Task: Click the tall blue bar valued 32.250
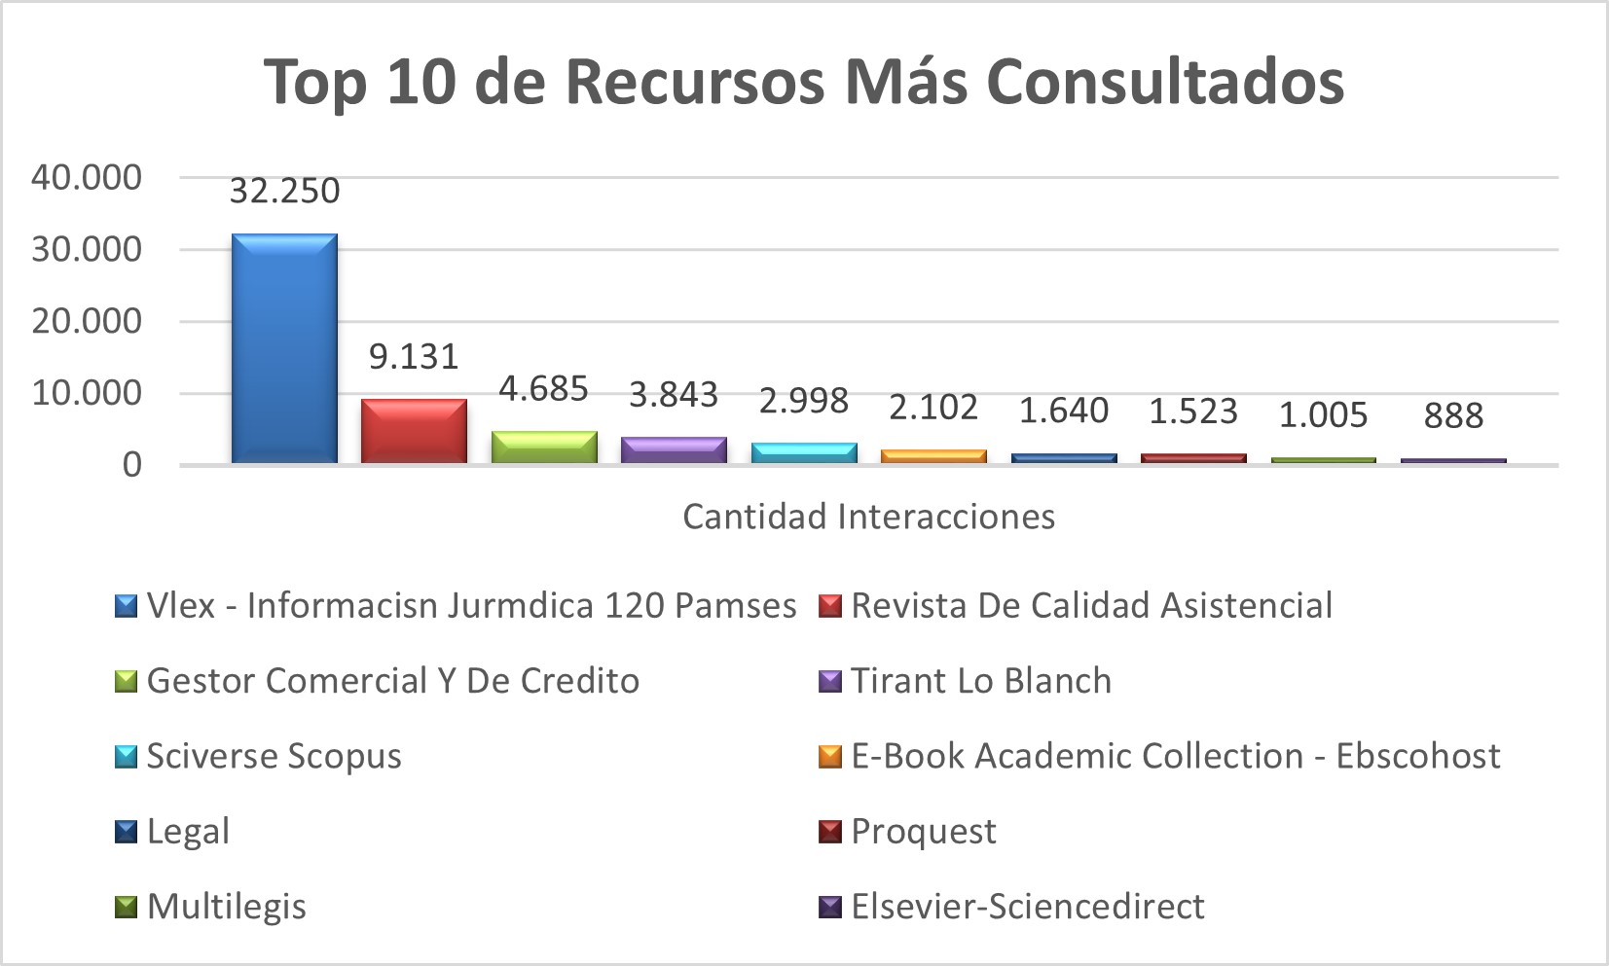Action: [x=284, y=347]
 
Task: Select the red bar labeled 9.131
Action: [x=414, y=430]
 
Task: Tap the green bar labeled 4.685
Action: [x=544, y=447]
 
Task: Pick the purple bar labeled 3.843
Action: [x=674, y=449]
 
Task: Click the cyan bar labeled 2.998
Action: [x=804, y=452]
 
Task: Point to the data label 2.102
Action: [x=933, y=407]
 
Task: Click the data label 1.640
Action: [x=1063, y=411]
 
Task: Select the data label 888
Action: [x=1453, y=415]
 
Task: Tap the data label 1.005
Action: [x=1323, y=415]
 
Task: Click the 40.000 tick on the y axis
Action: [x=87, y=177]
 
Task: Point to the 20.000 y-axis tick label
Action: [x=87, y=321]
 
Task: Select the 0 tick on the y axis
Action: [x=131, y=465]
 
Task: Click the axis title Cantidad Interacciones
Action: [x=868, y=517]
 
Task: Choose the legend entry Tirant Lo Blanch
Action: [x=980, y=681]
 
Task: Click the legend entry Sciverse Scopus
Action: [x=274, y=756]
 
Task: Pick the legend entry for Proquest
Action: [x=923, y=832]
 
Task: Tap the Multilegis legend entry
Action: [x=226, y=907]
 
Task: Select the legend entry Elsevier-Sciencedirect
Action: [x=1027, y=907]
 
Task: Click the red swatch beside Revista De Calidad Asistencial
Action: [x=830, y=606]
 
